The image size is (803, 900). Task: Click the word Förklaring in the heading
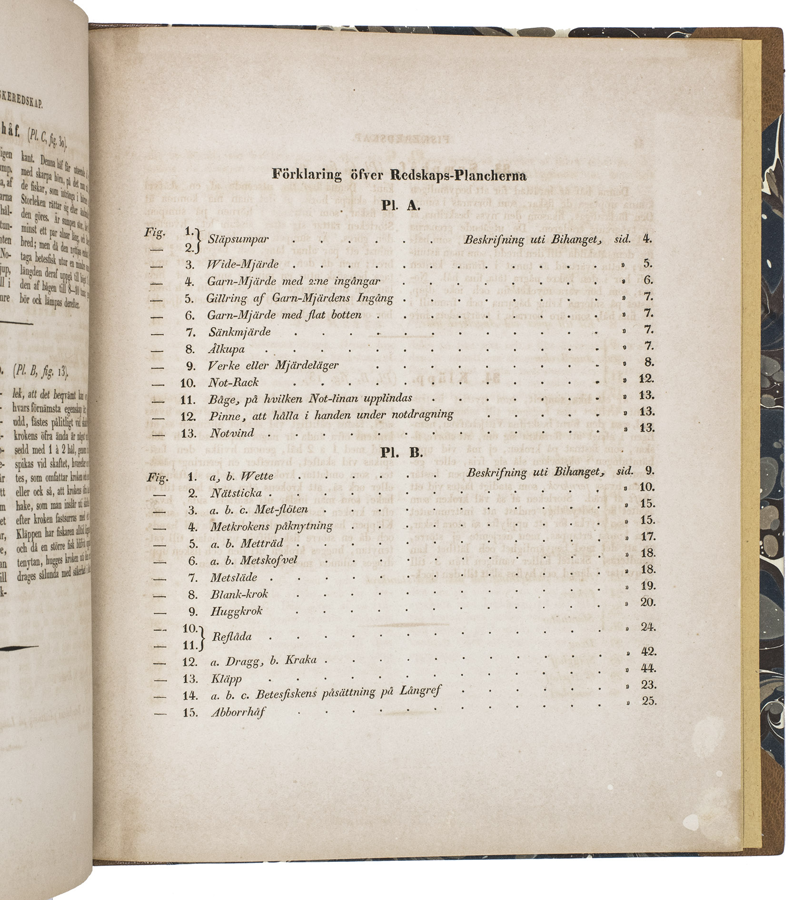point(307,175)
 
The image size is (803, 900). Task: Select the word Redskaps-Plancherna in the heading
point(458,176)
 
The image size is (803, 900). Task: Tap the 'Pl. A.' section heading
point(399,206)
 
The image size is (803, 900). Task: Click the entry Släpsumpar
point(238,240)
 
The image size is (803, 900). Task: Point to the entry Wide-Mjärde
point(236,264)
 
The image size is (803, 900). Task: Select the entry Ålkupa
point(227,349)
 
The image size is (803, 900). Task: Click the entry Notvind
point(232,433)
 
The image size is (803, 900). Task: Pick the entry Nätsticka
point(236,493)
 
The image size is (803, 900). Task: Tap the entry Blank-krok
point(239,594)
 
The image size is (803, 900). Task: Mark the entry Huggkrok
point(237,611)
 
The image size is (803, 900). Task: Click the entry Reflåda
point(232,637)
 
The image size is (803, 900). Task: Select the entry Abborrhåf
point(238,713)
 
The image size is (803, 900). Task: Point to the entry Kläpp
point(226,679)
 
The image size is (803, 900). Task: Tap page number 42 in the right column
point(648,651)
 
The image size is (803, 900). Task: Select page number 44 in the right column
point(648,668)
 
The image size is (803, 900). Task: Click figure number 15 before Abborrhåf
point(190,713)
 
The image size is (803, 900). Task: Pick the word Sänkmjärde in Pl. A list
point(239,332)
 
